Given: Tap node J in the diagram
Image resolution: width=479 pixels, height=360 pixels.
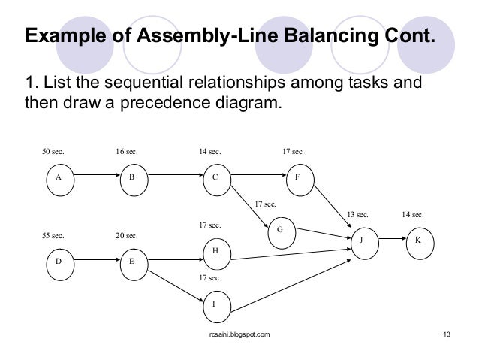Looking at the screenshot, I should (360, 241).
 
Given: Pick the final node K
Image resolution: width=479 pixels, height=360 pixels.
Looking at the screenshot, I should (418, 241).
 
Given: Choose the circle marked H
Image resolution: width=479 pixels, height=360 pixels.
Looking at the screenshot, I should (215, 253).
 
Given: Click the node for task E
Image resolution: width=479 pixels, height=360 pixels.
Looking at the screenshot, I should (132, 262).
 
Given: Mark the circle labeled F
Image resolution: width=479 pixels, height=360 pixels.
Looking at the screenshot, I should (297, 178).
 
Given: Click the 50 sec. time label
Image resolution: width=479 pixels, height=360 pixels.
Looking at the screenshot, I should (53, 152).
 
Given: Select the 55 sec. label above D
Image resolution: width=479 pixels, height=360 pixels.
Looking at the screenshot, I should (53, 235).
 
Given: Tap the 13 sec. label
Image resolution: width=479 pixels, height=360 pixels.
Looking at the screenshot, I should (357, 215).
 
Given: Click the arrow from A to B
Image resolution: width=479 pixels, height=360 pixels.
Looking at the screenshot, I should (94, 178).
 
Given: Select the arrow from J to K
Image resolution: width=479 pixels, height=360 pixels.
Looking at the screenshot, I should (390, 241).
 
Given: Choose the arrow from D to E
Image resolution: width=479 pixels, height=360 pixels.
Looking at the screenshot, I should (94, 262).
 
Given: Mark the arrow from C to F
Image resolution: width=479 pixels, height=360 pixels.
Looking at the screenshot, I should (256, 178).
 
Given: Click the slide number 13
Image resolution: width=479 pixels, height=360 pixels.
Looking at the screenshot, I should (447, 333).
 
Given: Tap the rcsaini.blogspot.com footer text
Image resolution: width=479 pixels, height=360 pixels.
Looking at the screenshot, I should (239, 333).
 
